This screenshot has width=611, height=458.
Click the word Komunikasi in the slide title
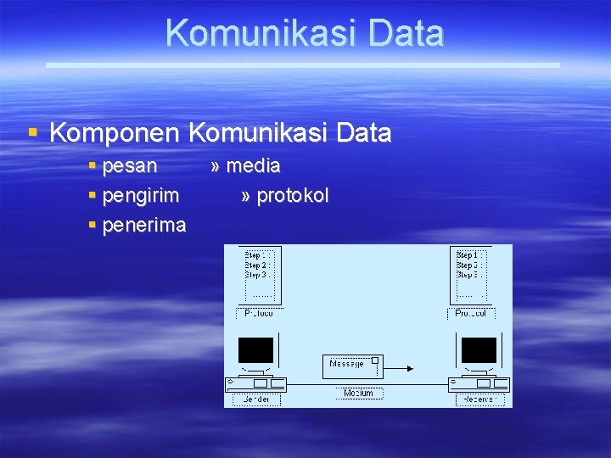point(251,33)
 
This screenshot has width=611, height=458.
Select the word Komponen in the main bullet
point(115,133)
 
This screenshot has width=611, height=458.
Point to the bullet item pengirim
point(140,196)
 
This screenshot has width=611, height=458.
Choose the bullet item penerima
point(143,226)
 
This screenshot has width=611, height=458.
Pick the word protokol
point(292,196)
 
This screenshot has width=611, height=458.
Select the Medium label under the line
point(359,394)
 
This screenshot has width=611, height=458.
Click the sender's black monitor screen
point(255,349)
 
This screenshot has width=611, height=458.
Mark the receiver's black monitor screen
point(478,349)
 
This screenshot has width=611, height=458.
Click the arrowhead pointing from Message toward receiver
point(410,368)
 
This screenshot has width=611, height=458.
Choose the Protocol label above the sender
point(258,313)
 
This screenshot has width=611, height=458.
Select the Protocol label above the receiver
point(471,313)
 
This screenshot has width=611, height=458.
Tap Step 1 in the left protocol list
point(257,254)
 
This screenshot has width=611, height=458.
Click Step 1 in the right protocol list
point(469,254)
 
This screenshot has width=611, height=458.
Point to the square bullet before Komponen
point(33,133)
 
